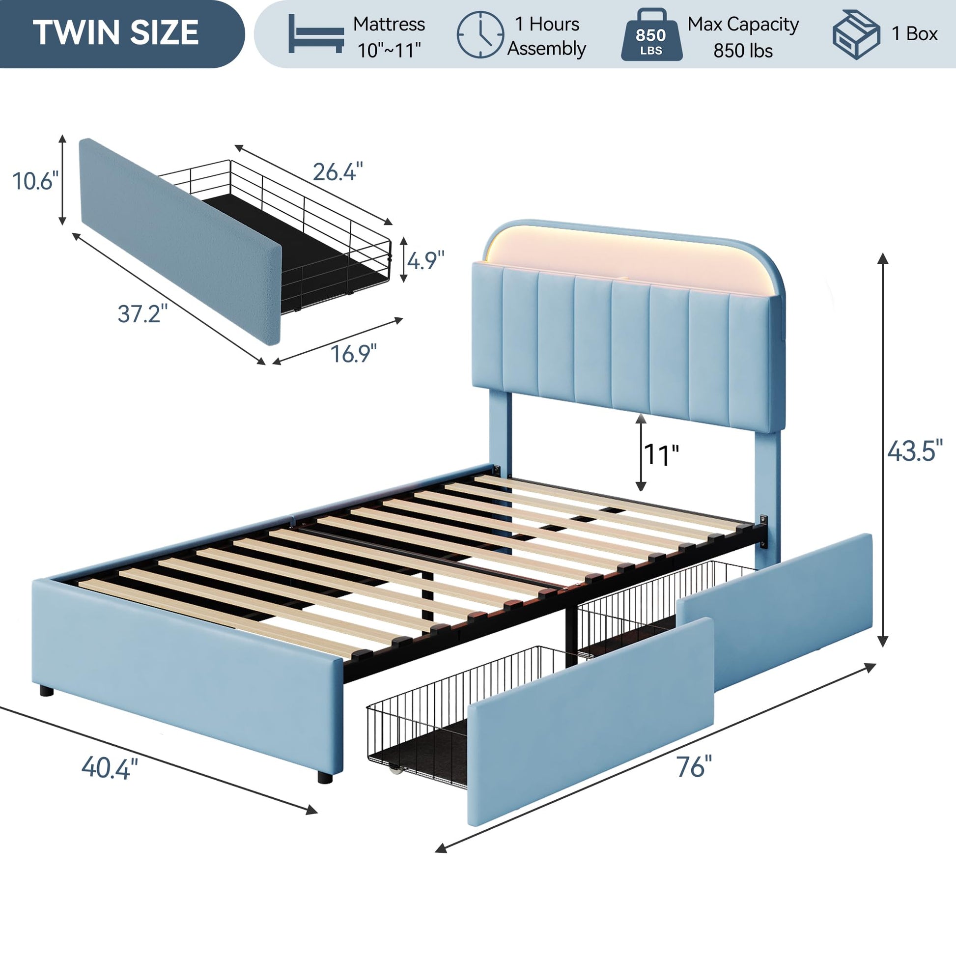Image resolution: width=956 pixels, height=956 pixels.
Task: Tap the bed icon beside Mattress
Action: (x=316, y=33)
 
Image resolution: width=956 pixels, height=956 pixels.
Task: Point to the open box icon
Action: (x=856, y=35)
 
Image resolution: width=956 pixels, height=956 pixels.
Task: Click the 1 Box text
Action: (x=914, y=33)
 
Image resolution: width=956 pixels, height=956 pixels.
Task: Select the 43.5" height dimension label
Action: (x=915, y=451)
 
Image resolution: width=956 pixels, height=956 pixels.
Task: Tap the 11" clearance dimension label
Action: (x=661, y=455)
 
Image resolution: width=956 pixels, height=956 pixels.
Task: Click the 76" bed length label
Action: (x=694, y=766)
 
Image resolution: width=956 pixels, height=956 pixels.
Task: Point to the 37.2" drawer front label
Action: (x=142, y=314)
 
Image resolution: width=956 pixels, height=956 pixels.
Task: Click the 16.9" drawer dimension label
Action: (x=353, y=354)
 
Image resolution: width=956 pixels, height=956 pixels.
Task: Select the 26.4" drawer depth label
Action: (x=338, y=172)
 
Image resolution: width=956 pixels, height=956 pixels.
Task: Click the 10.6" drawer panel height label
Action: (x=35, y=181)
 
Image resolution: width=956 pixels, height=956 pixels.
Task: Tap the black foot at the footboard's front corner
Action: (x=325, y=777)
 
